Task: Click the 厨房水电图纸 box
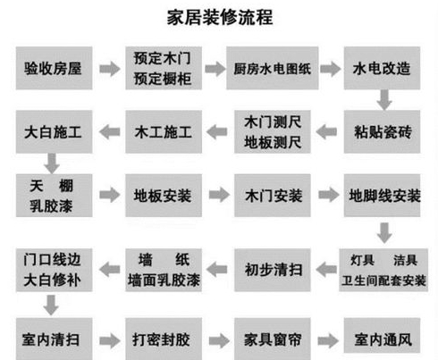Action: click(272, 68)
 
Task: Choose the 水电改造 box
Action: click(382, 68)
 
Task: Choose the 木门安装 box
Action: click(272, 194)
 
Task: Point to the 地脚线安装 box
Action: click(382, 194)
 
